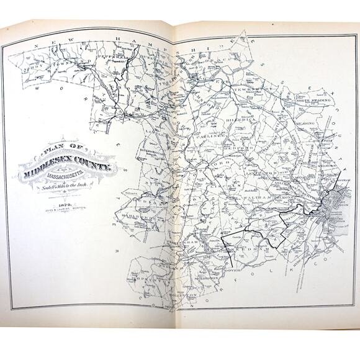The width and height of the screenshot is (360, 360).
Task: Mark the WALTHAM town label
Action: (x=261, y=195)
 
